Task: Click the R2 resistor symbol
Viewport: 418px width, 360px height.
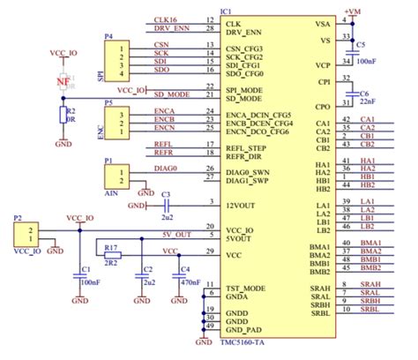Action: pyautogui.click(x=61, y=115)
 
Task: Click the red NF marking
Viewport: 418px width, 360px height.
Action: pyautogui.click(x=63, y=83)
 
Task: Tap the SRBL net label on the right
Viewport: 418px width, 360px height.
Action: pyautogui.click(x=369, y=310)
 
